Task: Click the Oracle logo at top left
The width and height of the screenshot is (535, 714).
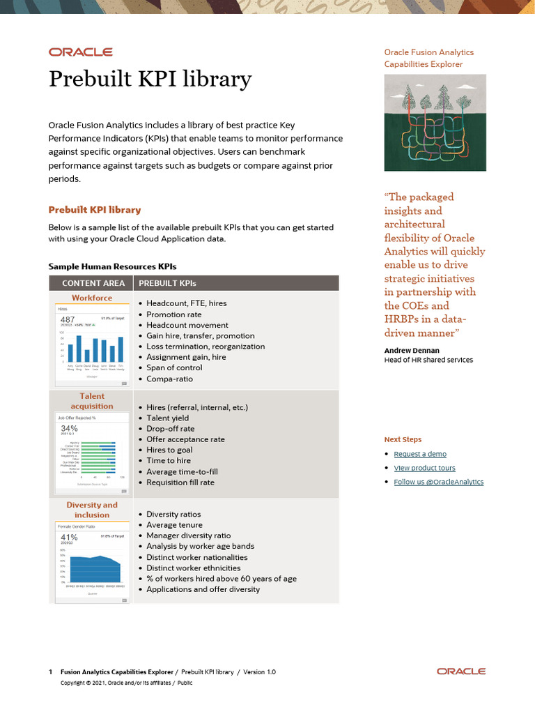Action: tap(80, 52)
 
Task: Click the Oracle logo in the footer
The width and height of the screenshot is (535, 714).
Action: tap(461, 671)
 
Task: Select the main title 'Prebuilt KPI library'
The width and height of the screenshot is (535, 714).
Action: tap(150, 79)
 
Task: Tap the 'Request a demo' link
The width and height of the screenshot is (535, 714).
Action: tap(420, 454)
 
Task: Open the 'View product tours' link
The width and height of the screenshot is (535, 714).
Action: tap(424, 468)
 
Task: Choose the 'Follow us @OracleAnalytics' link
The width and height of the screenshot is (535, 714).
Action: tap(438, 482)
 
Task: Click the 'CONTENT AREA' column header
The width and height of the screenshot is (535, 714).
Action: tap(93, 283)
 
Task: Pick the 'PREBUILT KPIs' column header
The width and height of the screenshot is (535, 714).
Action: tap(167, 283)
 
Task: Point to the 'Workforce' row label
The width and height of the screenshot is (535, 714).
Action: tap(92, 298)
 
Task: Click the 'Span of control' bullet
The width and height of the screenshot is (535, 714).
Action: tap(174, 368)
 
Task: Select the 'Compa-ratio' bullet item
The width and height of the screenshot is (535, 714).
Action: tap(169, 379)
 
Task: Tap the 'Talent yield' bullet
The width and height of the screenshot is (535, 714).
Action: tap(168, 418)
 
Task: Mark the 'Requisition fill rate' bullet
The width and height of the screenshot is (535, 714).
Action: tap(180, 482)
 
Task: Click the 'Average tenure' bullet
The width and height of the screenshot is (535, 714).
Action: tap(174, 525)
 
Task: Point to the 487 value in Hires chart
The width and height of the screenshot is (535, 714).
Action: tap(68, 319)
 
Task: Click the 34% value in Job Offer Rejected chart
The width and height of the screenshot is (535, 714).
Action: tap(69, 428)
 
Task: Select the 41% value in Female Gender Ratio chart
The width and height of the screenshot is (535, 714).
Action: tap(69, 538)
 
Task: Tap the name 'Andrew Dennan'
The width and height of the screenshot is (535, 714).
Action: tap(412, 350)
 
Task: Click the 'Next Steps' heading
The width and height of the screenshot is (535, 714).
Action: tap(403, 439)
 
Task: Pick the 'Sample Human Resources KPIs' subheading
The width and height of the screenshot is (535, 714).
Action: tap(112, 266)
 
